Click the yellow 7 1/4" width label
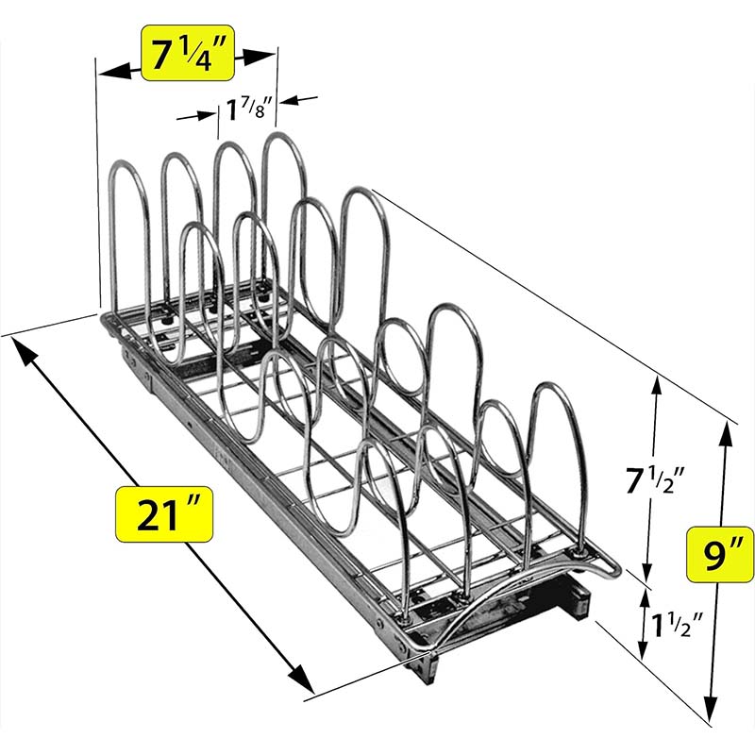[x=187, y=54]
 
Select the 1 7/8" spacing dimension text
[x=249, y=109]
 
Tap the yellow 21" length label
[x=163, y=514]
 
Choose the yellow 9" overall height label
[x=720, y=555]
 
